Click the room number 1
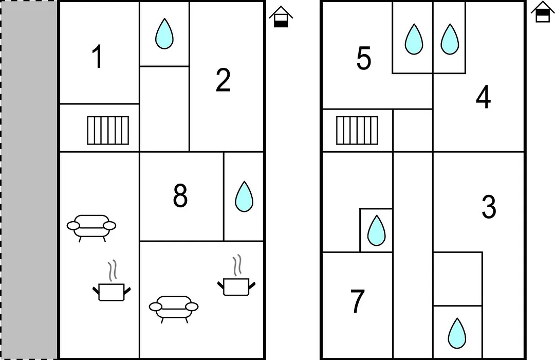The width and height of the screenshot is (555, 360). click(97, 57)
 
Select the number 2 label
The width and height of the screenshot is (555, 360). click(223, 80)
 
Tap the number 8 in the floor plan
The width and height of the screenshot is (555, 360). click(180, 196)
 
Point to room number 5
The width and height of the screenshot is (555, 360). click(363, 58)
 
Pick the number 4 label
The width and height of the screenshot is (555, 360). click(483, 97)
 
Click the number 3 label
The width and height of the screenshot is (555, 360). click(489, 207)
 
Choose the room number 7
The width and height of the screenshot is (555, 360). click(358, 301)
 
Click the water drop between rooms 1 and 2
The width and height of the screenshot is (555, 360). click(164, 33)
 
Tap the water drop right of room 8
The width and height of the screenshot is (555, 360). click(244, 196)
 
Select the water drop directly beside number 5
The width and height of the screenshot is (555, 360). click(414, 39)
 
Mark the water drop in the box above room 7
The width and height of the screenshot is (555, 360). click(376, 230)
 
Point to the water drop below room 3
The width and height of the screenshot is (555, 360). click(457, 333)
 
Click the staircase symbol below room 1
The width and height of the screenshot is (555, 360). click(108, 131)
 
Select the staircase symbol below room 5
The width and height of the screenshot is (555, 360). click(357, 131)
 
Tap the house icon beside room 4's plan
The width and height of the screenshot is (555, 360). click(543, 12)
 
